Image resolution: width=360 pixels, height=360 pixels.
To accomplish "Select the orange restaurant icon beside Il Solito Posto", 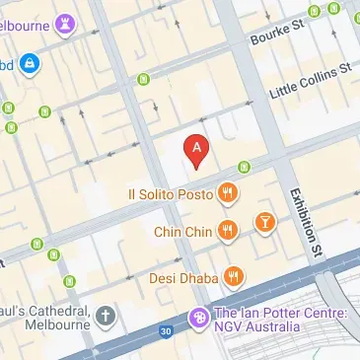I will tap(228, 193).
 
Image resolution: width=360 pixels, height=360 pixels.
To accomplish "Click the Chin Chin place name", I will tap(183, 232).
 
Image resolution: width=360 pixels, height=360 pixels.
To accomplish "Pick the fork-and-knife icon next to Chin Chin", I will tap(228, 231).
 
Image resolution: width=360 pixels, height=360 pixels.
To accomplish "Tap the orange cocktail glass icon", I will tap(264, 222).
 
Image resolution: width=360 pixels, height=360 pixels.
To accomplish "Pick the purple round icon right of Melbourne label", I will tap(66, 22).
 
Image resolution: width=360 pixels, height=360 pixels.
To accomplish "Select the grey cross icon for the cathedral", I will tap(106, 317).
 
